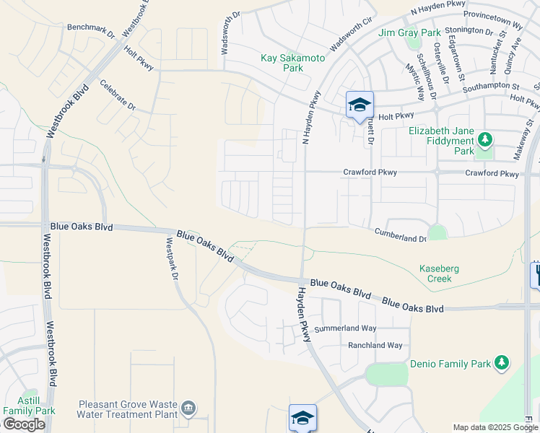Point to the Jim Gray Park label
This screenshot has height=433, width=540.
[409, 32]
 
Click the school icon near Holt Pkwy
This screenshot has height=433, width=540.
[359, 105]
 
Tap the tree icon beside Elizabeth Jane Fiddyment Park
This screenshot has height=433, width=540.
[486, 139]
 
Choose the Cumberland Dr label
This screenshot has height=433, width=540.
[400, 235]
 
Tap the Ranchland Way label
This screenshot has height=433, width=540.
[375, 346]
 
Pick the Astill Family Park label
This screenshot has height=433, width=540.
[29, 405]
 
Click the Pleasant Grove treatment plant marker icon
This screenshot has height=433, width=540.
[188, 408]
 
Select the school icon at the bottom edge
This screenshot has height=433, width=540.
[302, 417]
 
